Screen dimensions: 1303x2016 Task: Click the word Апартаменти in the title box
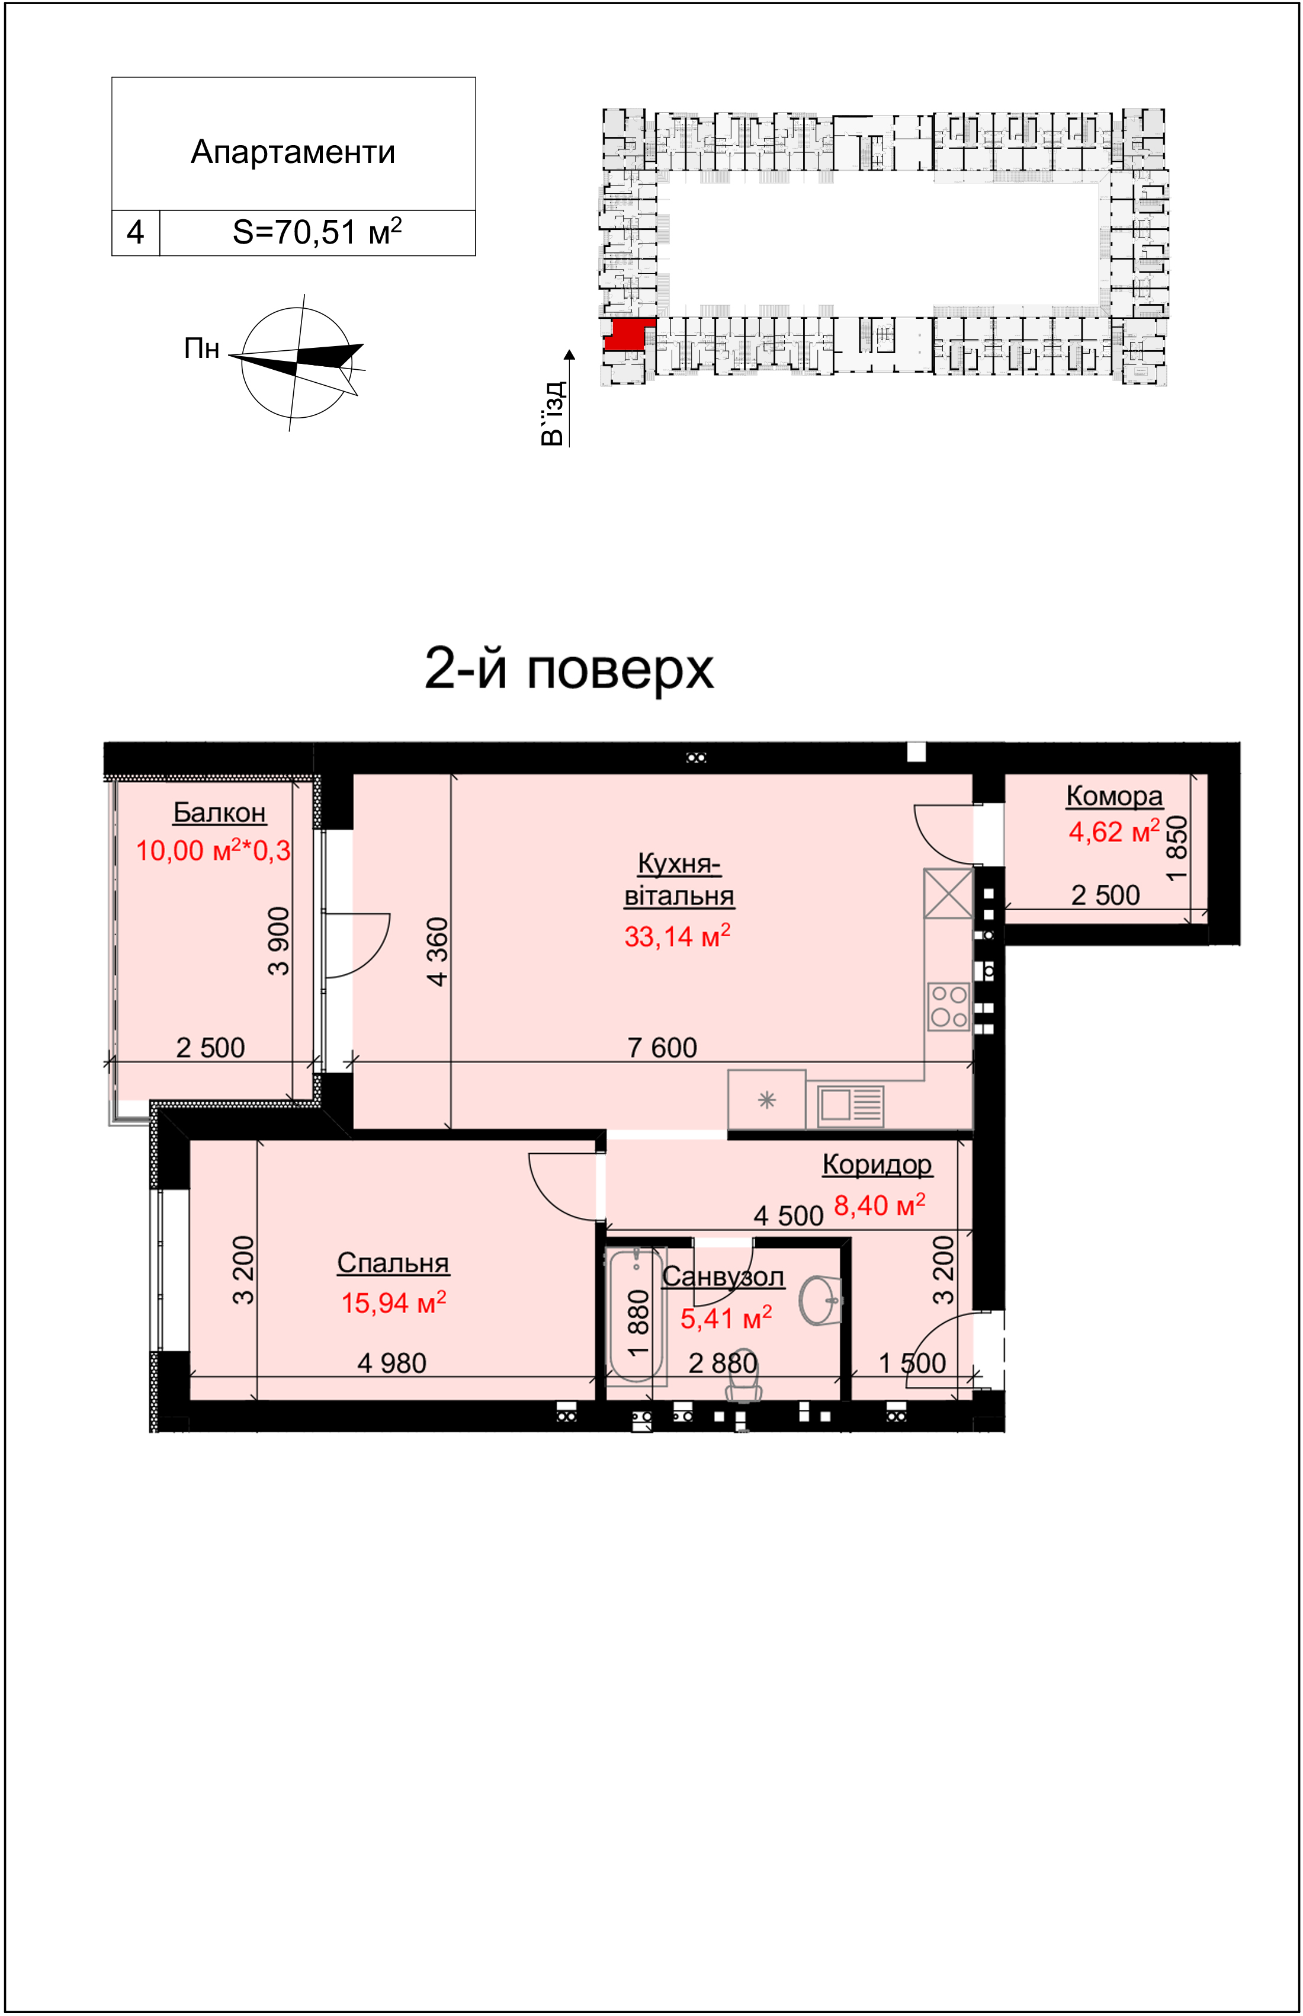293,152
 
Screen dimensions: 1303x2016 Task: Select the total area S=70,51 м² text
317,232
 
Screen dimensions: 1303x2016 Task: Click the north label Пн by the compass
202,348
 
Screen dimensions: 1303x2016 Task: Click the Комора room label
1113,796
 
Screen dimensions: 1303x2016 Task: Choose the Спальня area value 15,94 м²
393,1303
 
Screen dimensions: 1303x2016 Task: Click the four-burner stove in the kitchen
948,1006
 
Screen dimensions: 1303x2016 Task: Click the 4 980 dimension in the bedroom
391,1362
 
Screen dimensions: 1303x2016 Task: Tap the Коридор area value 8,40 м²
880,1204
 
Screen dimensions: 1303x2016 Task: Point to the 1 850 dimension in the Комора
1176,849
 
